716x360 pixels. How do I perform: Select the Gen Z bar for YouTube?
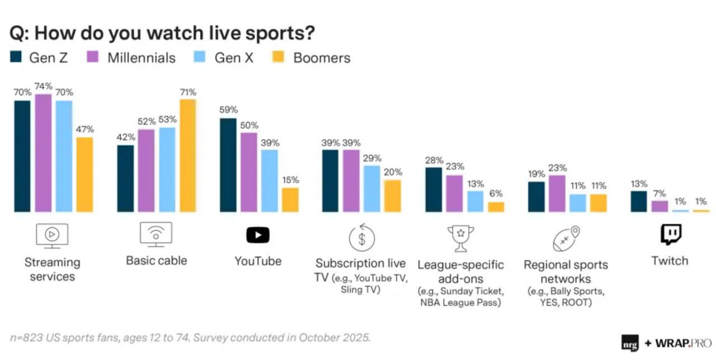228,165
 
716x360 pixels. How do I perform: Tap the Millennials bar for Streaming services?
43,153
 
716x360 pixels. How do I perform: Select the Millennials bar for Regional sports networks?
557,193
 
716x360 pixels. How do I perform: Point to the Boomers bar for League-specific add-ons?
496,207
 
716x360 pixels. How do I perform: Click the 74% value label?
43,87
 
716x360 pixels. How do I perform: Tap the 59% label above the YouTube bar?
228,110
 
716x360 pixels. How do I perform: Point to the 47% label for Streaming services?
84,129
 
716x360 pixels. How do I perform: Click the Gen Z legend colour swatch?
16,58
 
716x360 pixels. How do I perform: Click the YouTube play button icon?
258,235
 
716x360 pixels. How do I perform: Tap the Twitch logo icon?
670,235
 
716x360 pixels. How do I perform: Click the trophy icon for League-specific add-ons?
460,238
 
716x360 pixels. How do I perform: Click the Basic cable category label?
156,260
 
